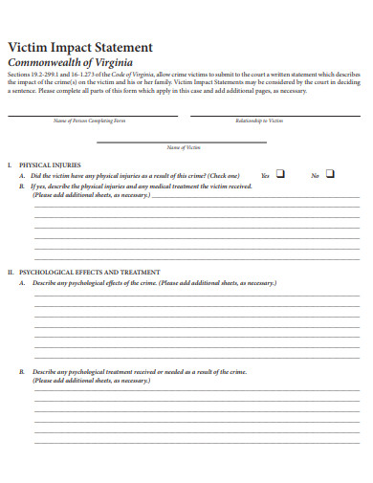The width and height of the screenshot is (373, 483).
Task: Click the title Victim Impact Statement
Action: (x=79, y=47)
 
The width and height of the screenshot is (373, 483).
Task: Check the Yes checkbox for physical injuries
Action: (x=280, y=174)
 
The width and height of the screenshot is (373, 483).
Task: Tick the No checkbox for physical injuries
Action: (x=330, y=174)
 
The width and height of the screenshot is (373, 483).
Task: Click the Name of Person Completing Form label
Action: (x=89, y=121)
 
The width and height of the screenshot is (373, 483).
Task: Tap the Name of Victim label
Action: (x=184, y=147)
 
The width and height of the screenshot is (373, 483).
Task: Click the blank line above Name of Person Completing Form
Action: (x=93, y=116)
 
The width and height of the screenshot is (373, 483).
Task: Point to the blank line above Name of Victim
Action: (x=184, y=142)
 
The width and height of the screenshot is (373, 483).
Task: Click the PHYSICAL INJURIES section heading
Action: (x=50, y=165)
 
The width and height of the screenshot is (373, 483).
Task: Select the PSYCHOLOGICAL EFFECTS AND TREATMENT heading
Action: (x=91, y=273)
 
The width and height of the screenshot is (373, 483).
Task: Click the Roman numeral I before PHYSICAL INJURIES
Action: (x=9, y=165)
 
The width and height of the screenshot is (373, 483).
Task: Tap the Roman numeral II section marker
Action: (x=11, y=273)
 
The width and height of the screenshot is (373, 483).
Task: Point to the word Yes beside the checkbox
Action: (x=265, y=176)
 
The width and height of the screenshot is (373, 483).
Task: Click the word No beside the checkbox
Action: (x=315, y=176)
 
